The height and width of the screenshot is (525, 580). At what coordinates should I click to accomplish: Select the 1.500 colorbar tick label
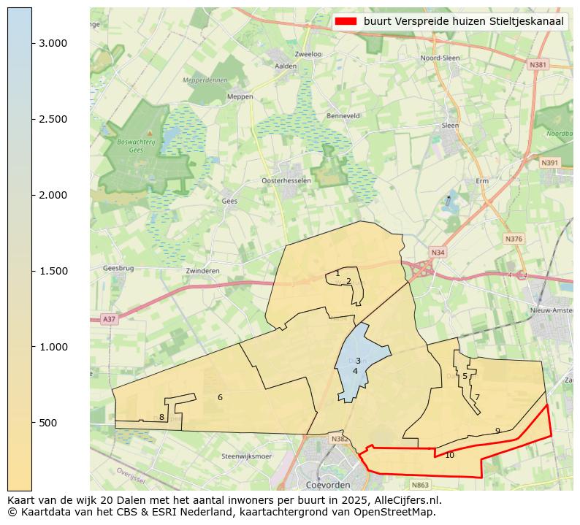tap(53, 271)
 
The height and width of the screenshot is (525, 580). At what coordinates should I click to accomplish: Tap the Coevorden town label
tap(328, 484)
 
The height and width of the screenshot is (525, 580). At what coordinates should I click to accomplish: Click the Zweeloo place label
tap(308, 54)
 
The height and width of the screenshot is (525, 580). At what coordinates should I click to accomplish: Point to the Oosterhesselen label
tap(286, 180)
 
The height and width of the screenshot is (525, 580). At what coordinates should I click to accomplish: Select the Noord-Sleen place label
tap(440, 58)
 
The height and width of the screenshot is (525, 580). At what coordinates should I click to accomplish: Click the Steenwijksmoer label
tap(246, 456)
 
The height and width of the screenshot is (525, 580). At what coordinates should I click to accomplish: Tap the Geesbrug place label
tap(118, 268)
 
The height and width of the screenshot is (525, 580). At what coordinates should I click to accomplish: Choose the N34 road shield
tap(438, 253)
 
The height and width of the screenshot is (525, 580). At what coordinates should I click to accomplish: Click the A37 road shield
tap(108, 319)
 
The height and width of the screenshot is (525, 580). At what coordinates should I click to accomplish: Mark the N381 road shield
tap(538, 65)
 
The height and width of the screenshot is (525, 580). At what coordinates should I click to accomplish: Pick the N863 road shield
tap(420, 484)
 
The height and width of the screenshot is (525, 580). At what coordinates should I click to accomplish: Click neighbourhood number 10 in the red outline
tap(449, 455)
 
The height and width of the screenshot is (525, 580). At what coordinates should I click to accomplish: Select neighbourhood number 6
tap(220, 397)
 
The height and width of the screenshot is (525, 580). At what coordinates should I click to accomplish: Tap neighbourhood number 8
tap(161, 418)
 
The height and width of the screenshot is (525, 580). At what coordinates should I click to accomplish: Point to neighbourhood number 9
tap(497, 431)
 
